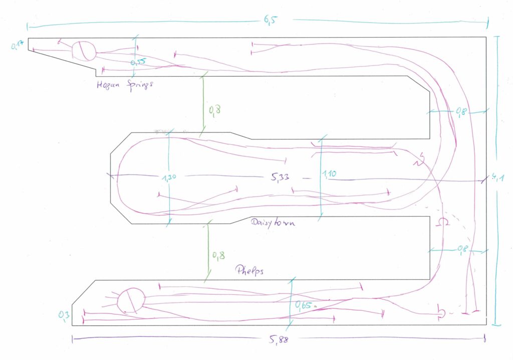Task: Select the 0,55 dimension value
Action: coord(138,62)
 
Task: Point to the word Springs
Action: coord(139,85)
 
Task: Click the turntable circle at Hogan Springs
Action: coord(83,51)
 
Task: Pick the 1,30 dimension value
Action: coord(171,176)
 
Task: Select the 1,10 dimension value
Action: coord(329,174)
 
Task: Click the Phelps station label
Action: coord(249,270)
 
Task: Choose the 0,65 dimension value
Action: coord(304,304)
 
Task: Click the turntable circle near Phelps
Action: coord(131,300)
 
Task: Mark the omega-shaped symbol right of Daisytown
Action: coord(443,222)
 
